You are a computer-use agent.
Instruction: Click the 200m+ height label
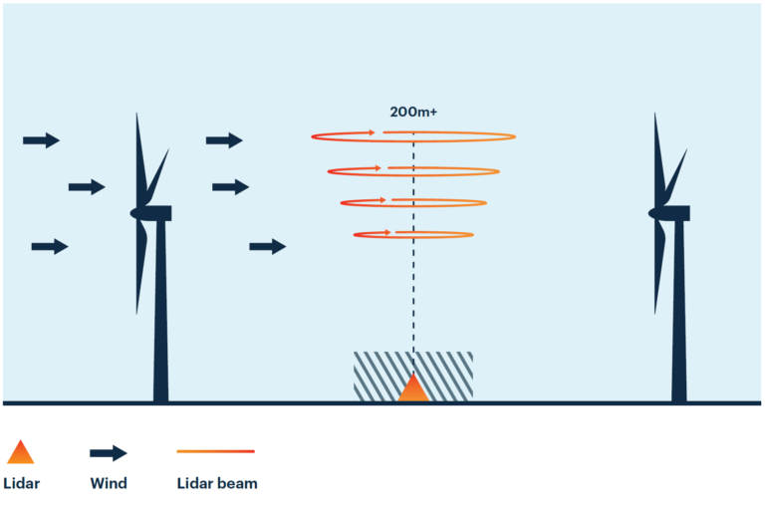click(x=412, y=113)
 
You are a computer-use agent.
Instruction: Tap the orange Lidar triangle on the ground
click(x=413, y=389)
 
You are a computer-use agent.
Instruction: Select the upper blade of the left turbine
click(x=139, y=154)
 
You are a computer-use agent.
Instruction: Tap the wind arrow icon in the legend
click(x=109, y=453)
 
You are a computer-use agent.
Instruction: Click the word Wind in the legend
click(x=109, y=484)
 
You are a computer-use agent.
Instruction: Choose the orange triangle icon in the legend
click(x=20, y=453)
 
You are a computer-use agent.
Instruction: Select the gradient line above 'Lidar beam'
click(x=215, y=451)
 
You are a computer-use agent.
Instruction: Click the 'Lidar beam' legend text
click(x=217, y=484)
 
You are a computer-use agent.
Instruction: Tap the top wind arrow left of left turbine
click(x=41, y=140)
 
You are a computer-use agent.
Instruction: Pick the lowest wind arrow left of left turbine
click(x=50, y=246)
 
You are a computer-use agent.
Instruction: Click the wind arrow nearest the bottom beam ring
click(x=267, y=246)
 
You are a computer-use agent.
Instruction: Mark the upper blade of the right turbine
click(x=657, y=154)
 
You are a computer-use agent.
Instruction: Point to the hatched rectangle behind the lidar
click(x=374, y=376)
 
